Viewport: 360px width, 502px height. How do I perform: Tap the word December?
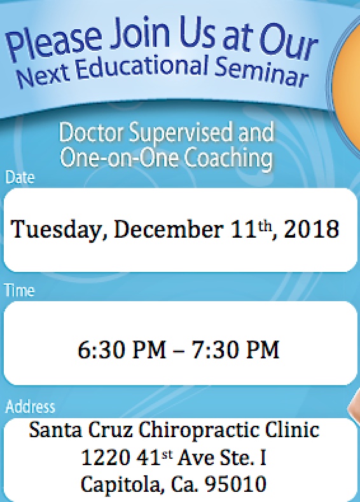169,229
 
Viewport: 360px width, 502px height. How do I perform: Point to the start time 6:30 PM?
122,349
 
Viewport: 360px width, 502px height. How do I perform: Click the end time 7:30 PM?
235,349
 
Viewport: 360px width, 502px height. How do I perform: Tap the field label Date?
20,177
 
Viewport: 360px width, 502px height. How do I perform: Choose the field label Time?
20,290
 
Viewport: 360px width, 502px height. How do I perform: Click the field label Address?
30,406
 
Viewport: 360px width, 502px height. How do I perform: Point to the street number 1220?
106,457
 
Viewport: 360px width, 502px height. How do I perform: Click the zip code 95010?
235,484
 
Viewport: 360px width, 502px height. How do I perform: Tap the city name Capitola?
121,485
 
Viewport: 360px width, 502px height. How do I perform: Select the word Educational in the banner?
141,67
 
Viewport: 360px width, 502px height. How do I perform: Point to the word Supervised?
181,133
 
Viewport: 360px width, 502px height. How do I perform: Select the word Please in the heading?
54,43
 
